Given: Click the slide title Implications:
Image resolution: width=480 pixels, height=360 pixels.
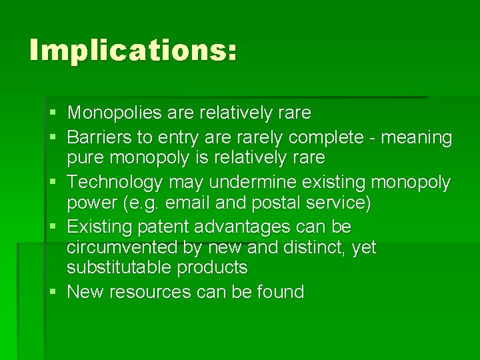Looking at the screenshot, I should pyautogui.click(x=133, y=50).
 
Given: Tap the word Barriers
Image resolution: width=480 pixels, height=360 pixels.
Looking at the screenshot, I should pyautogui.click(x=98, y=137).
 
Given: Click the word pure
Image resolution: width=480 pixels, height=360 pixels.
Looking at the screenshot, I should pyautogui.click(x=85, y=159).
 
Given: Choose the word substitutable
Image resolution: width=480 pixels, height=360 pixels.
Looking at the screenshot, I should pyautogui.click(x=119, y=268).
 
